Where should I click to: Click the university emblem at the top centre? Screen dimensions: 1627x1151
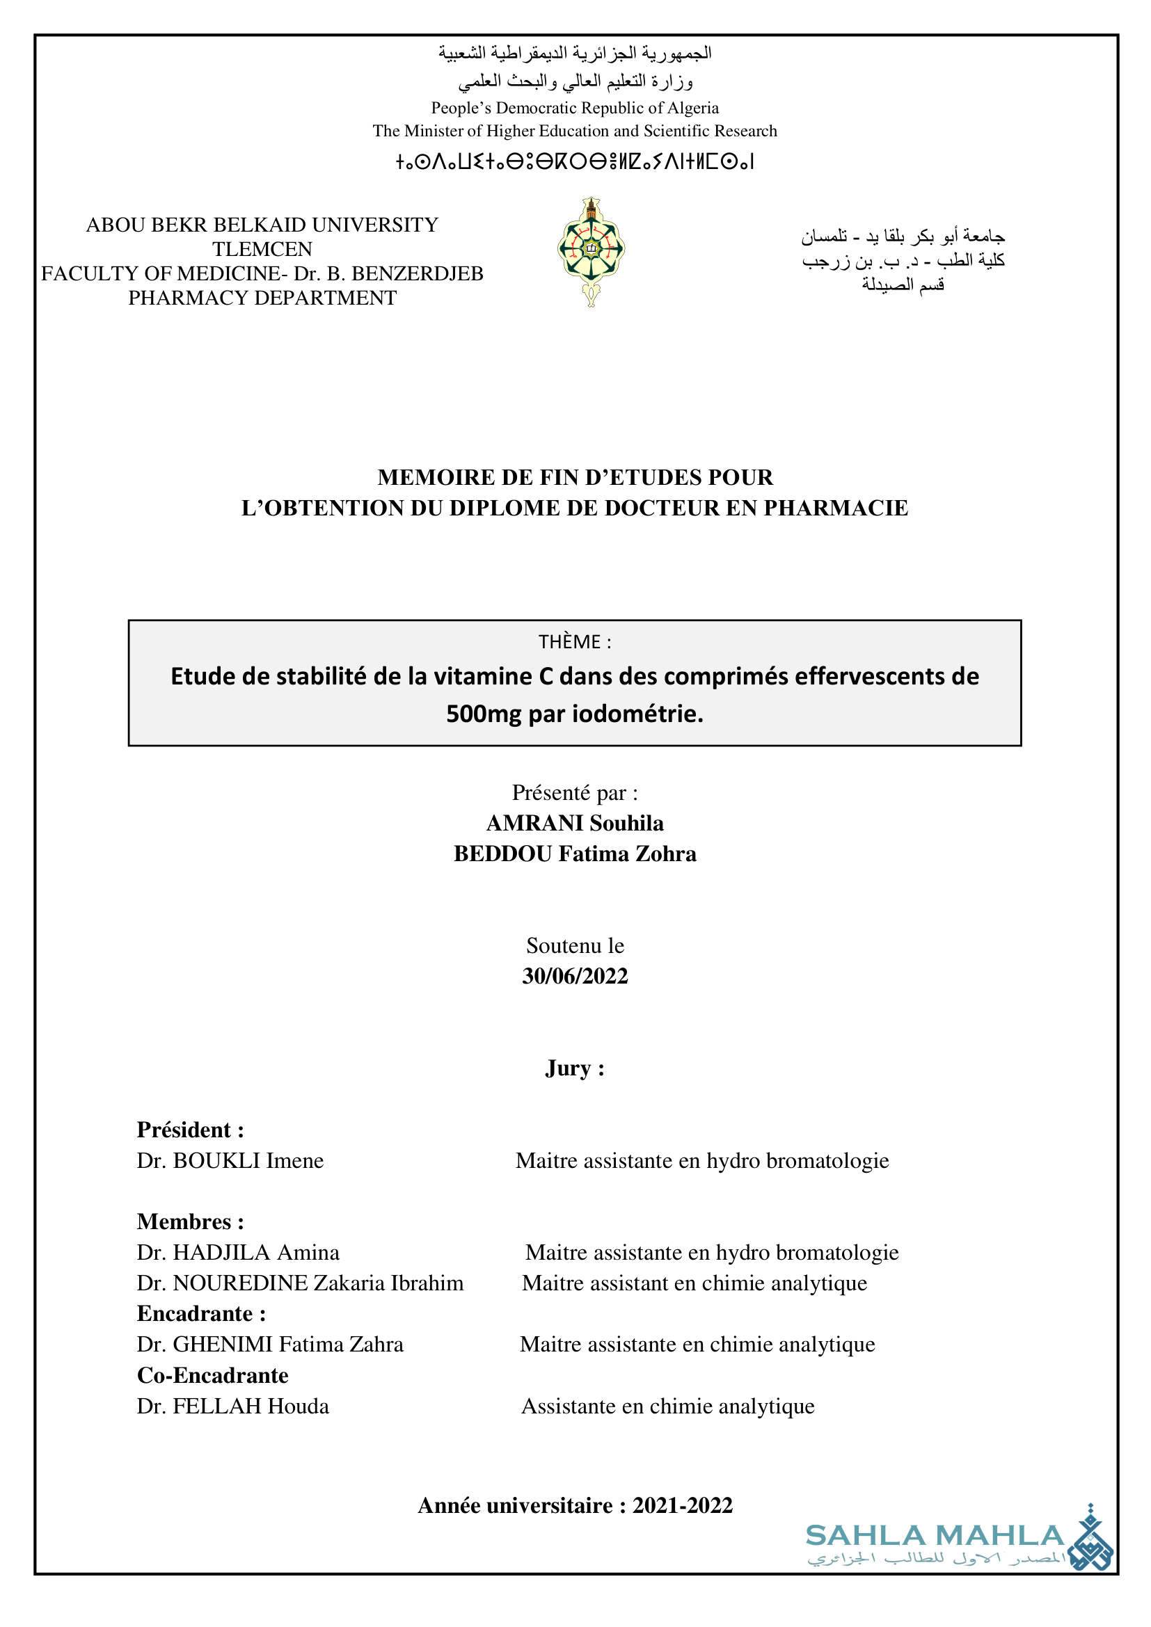click(590, 251)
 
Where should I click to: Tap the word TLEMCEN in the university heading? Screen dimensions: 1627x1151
click(262, 250)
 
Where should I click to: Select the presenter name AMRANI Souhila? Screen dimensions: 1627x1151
click(575, 824)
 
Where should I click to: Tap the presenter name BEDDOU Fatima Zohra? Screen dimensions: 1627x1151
click(575, 854)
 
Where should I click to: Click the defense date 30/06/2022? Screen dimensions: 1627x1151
click(575, 977)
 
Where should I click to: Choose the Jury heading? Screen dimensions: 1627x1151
click(574, 1068)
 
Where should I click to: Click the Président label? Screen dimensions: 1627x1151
click(190, 1130)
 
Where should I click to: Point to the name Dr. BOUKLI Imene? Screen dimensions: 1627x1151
click(230, 1161)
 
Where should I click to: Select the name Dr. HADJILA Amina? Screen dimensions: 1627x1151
click(238, 1253)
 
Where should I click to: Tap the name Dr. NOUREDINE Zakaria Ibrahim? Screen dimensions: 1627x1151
click(300, 1283)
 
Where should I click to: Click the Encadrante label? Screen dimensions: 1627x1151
click(201, 1314)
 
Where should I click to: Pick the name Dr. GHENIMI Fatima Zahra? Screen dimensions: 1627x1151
click(270, 1345)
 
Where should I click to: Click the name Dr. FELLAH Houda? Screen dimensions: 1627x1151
click(233, 1406)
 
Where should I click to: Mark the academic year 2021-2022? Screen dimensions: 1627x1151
click(682, 1505)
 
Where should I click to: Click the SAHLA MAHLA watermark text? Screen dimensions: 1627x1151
click(934, 1537)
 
